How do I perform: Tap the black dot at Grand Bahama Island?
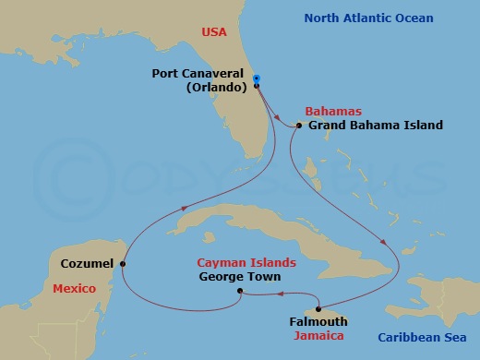(300, 126)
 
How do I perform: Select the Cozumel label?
(87, 263)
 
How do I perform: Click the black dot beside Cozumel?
(123, 263)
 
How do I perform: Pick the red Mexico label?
(74, 289)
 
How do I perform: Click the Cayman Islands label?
(251, 262)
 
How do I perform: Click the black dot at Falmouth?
(318, 308)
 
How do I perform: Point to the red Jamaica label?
(318, 336)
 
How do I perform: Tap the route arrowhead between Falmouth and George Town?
(277, 294)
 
